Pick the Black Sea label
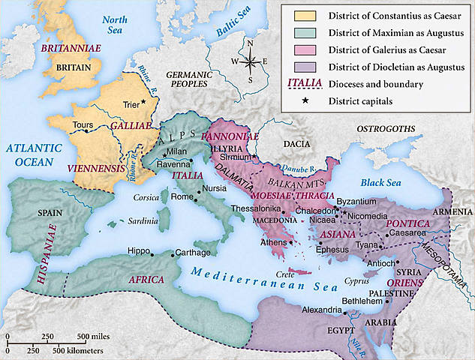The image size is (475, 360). pos(380,182)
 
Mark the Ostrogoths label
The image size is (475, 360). pos(386,129)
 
